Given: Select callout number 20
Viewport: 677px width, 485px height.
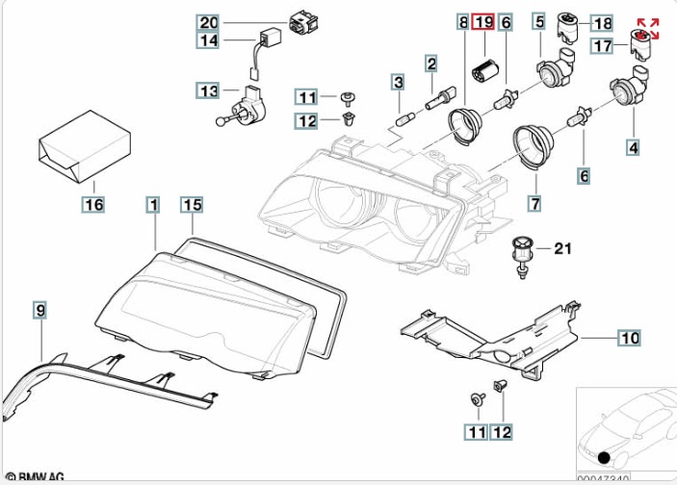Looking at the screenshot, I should pyautogui.click(x=209, y=21).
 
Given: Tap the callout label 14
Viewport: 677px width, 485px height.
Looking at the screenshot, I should pyautogui.click(x=209, y=40).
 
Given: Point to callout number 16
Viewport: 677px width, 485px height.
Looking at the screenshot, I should pyautogui.click(x=92, y=204).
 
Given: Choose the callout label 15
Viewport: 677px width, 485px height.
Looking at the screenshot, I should pyautogui.click(x=192, y=204).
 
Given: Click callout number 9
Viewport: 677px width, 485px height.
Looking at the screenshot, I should pyautogui.click(x=39, y=309).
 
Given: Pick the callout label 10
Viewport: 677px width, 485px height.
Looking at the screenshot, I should pyautogui.click(x=628, y=338).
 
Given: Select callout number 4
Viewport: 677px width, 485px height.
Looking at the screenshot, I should pyautogui.click(x=633, y=148).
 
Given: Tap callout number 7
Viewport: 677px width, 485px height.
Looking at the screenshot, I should pyautogui.click(x=534, y=203).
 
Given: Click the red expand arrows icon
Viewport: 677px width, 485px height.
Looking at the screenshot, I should pyautogui.click(x=647, y=27).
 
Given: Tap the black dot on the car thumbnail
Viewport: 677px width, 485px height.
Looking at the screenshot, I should pyautogui.click(x=604, y=457).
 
